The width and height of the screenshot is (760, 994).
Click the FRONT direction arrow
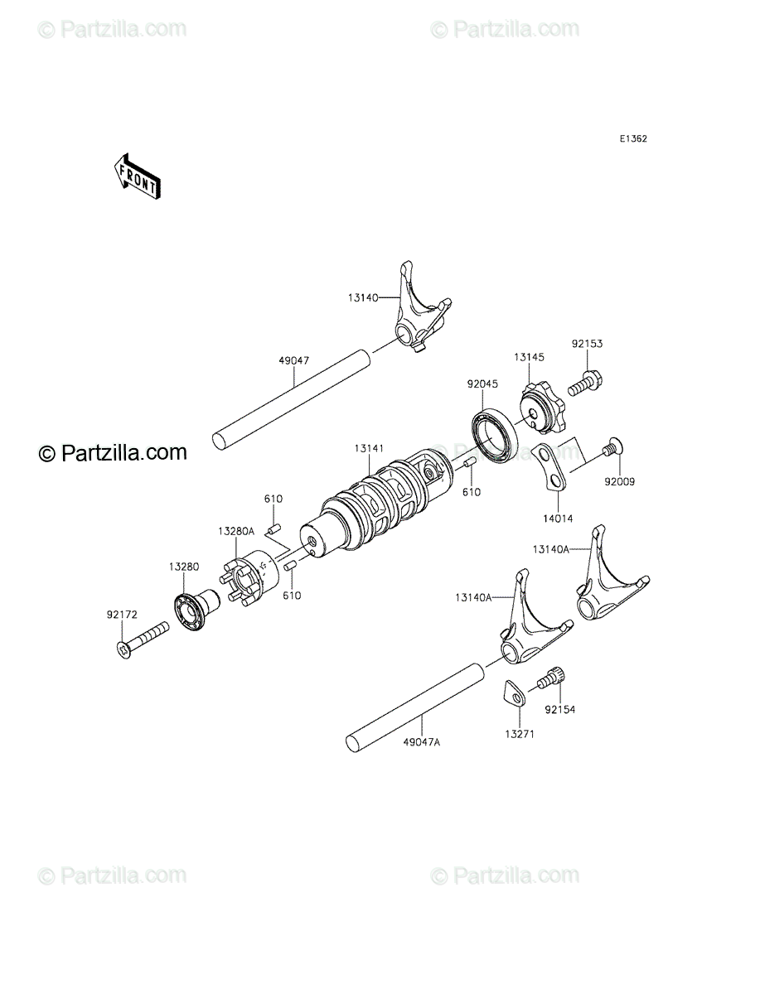137,176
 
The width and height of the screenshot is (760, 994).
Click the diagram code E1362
633,139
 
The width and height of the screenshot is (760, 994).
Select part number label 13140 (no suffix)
363,297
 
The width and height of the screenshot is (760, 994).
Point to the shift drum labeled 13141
376,503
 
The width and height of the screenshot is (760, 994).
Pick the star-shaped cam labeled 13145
541,408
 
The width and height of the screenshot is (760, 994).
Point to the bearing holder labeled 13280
196,609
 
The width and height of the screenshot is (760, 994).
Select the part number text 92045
483,384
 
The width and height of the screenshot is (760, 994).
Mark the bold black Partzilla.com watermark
113,452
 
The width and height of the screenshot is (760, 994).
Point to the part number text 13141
369,448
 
